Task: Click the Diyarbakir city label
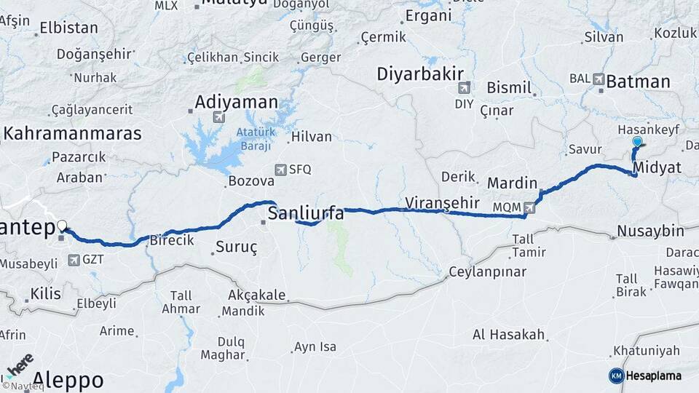pos(420,74)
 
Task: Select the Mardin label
pos(512,183)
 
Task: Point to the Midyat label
pos(657,168)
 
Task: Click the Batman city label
pos(638,82)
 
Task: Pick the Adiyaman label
pos(237,102)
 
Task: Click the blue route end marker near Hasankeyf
pos(637,142)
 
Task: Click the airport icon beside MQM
pos(529,207)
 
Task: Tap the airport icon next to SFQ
pos(280,170)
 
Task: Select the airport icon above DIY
pos(464,88)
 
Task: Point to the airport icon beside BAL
pos(599,79)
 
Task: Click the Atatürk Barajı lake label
pos(253,139)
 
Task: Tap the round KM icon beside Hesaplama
pos(616,376)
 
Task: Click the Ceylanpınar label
pos(487,271)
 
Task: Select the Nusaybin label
pos(650,231)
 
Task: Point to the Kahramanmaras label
pos(73,133)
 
